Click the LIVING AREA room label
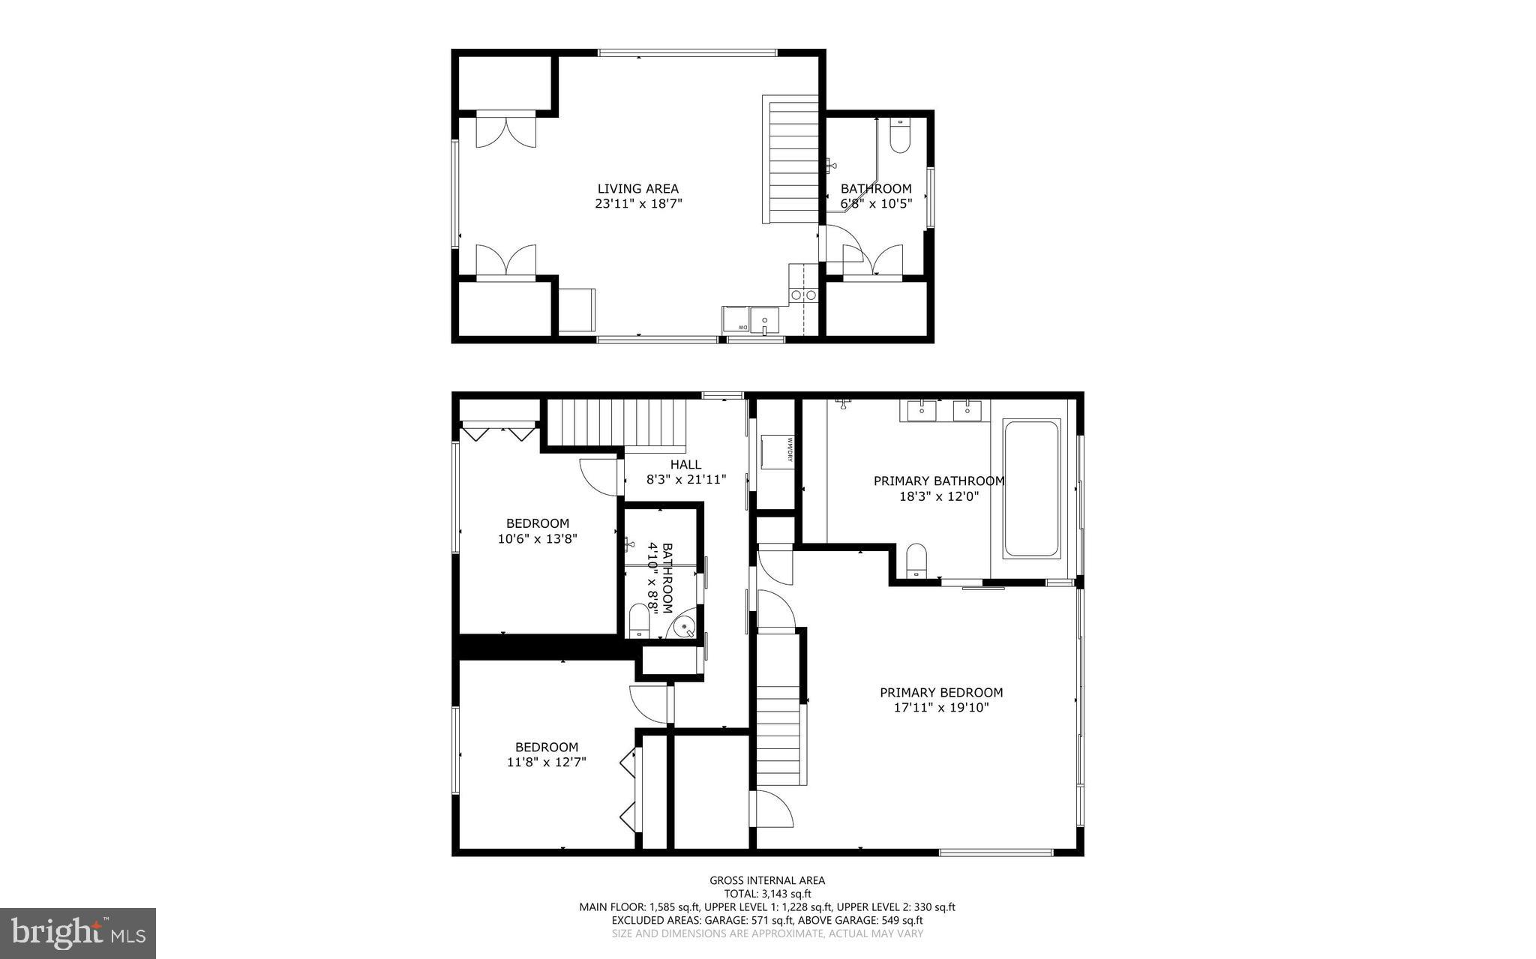(637, 189)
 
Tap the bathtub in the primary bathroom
(1031, 488)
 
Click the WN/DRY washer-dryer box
(777, 452)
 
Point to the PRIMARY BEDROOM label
(940, 693)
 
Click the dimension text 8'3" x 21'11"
(686, 480)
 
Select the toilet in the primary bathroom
(916, 561)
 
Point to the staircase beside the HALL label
(617, 424)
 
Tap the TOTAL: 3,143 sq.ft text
(767, 894)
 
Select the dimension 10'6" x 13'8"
(537, 538)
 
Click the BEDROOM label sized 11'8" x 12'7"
(546, 747)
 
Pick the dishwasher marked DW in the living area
(736, 319)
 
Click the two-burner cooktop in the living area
(803, 295)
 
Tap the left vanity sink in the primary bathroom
(921, 411)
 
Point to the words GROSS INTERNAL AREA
(767, 880)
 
